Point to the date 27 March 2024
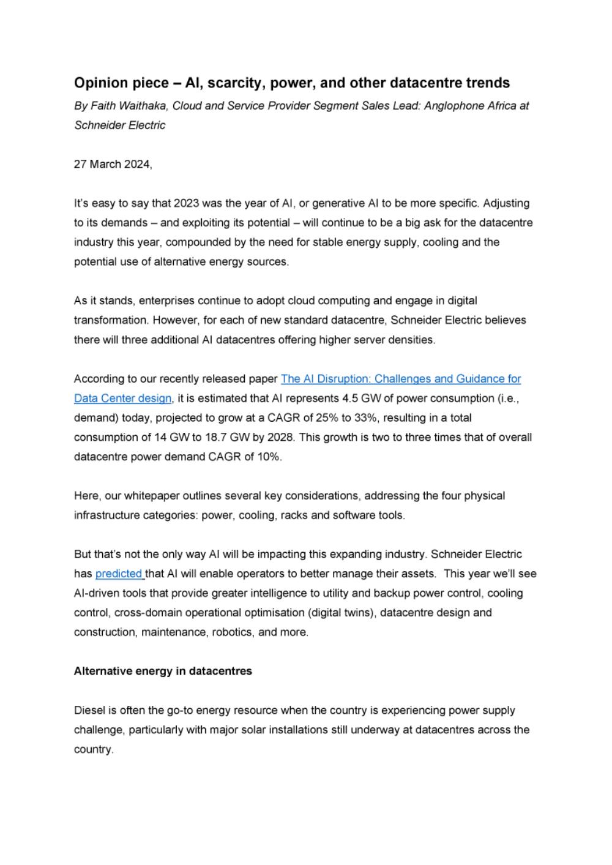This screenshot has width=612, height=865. pos(112,164)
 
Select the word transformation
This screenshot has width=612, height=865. pos(110,320)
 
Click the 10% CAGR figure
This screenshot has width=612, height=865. pos(268,457)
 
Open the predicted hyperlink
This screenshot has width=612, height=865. pos(119,574)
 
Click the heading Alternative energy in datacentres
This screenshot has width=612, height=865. pos(163,672)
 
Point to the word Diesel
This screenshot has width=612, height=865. pos(89,711)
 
